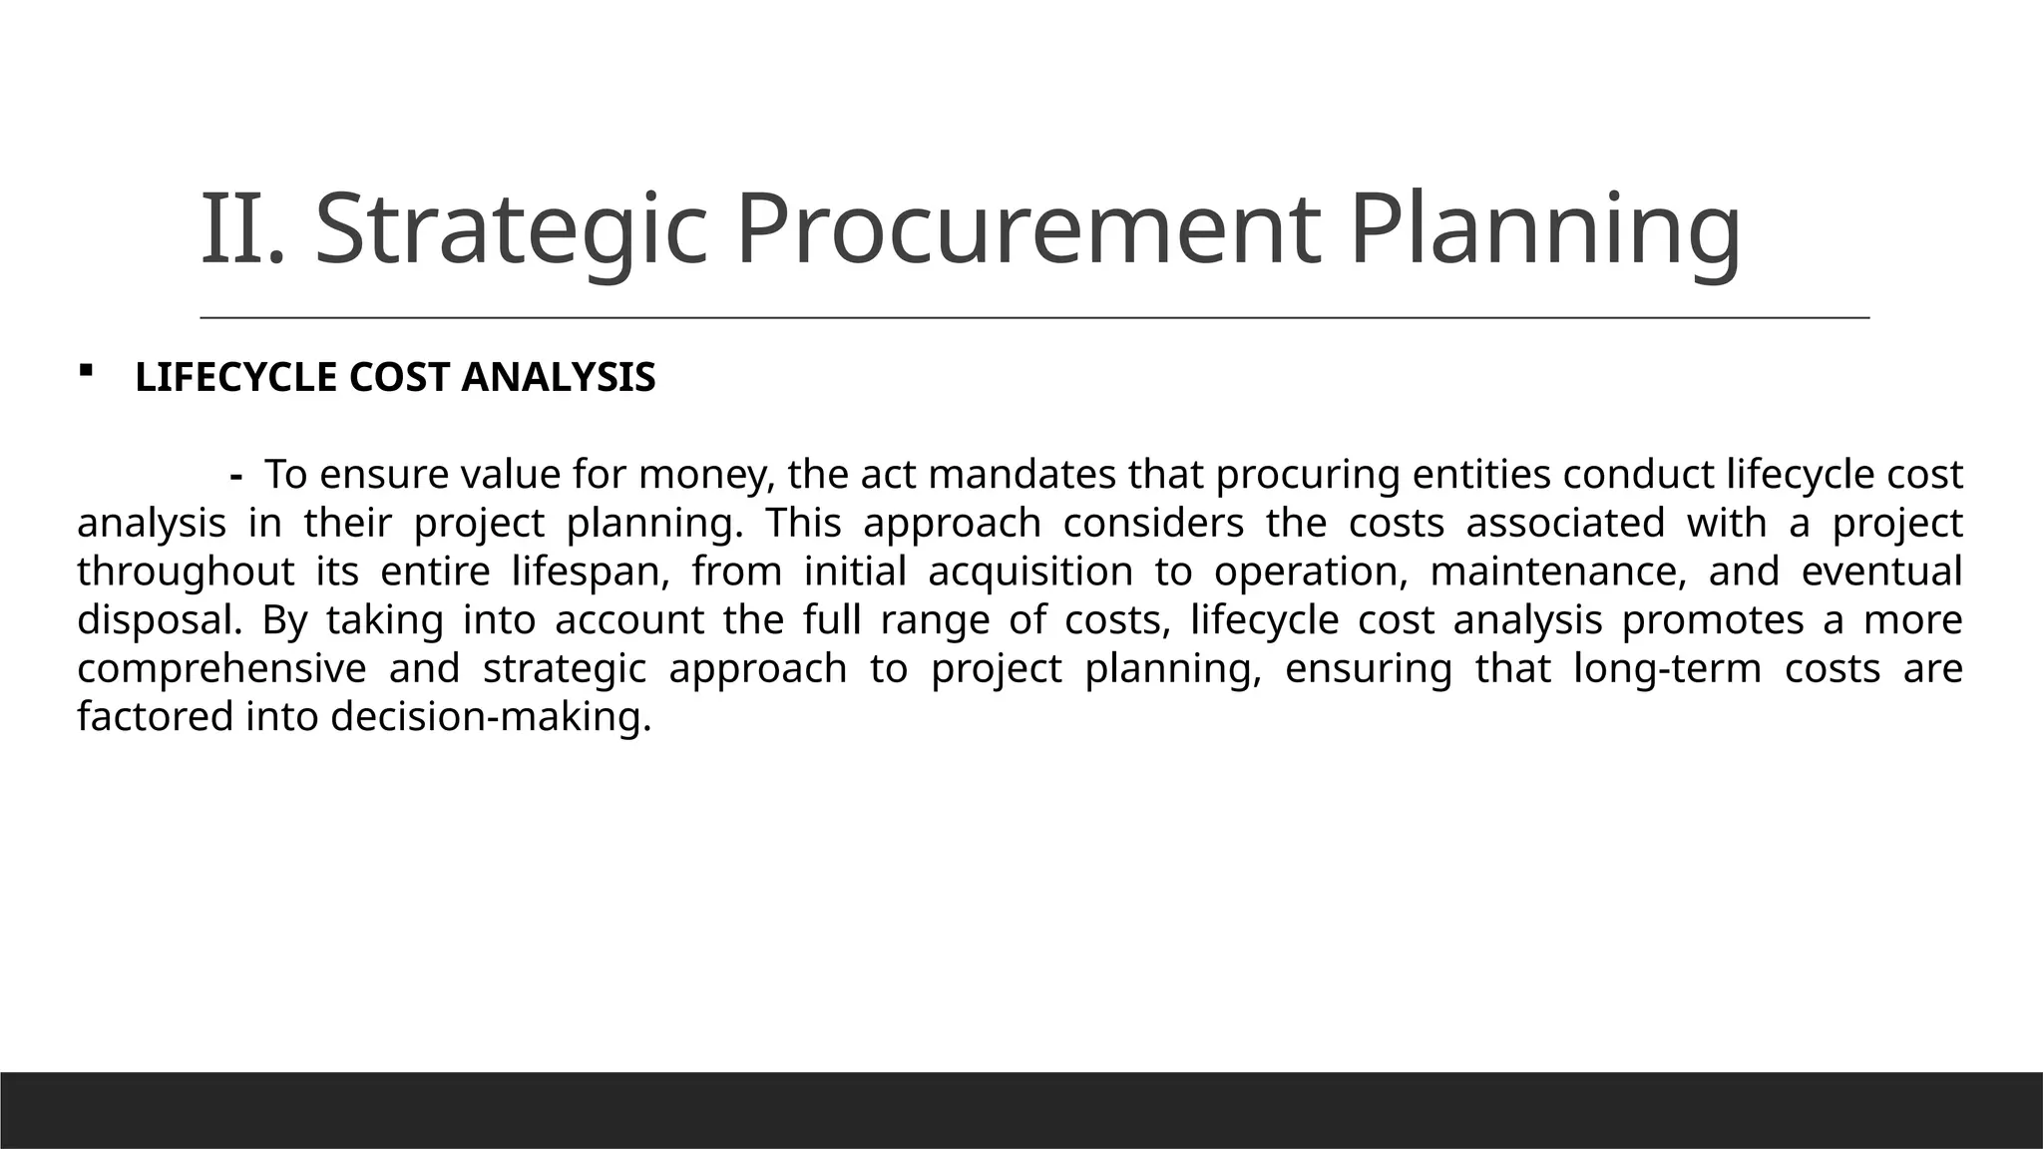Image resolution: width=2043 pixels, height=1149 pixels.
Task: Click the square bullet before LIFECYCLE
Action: click(85, 371)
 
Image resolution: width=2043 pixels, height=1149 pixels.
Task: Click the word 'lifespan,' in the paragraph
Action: click(590, 573)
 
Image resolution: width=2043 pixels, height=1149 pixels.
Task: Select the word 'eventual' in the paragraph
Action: click(1881, 573)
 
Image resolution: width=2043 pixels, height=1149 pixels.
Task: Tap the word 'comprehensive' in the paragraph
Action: click(221, 669)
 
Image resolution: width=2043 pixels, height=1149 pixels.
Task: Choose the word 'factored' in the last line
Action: click(155, 717)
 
